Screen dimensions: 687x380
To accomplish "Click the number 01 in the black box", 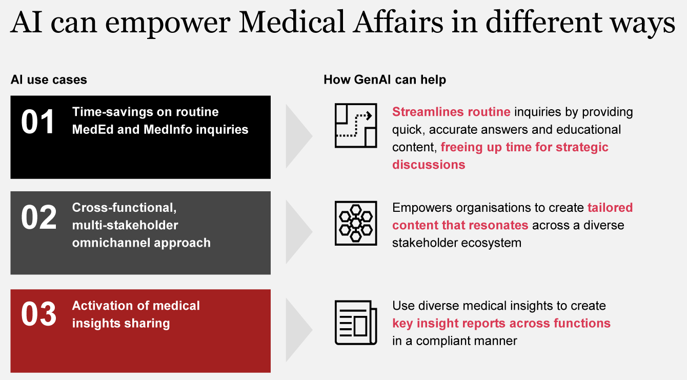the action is pyautogui.click(x=38, y=122).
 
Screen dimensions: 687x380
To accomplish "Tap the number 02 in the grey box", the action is pyautogui.click(x=38, y=217).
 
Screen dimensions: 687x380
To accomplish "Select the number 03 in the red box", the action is pyautogui.click(x=38, y=314).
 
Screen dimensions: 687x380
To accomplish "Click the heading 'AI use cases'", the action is pyautogui.click(x=49, y=79).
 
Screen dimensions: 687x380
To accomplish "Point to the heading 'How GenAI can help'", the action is pyautogui.click(x=385, y=79).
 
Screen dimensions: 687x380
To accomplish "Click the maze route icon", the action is pyautogui.click(x=356, y=126).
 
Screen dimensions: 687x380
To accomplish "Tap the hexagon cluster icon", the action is pyautogui.click(x=356, y=223).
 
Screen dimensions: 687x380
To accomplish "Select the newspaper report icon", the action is pyautogui.click(x=356, y=323).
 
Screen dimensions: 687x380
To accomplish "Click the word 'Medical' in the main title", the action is pyautogui.click(x=291, y=22).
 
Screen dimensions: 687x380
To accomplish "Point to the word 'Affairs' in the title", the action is pyautogui.click(x=398, y=22).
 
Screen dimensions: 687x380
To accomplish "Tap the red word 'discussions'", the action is pyautogui.click(x=429, y=165).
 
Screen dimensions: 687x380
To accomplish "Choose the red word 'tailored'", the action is pyautogui.click(x=610, y=208).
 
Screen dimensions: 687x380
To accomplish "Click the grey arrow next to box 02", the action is pyautogui.click(x=299, y=232).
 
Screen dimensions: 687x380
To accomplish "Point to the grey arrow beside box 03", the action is pyautogui.click(x=299, y=330).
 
